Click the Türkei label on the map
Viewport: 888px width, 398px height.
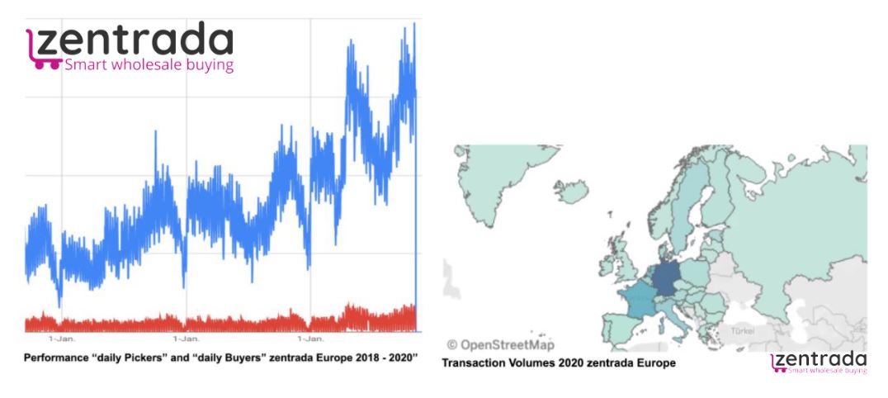pyautogui.click(x=740, y=330)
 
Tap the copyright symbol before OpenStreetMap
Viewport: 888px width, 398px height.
pyautogui.click(x=451, y=344)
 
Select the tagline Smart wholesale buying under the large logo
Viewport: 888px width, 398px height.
pyautogui.click(x=149, y=64)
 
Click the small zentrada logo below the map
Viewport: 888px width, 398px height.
pyautogui.click(x=818, y=362)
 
